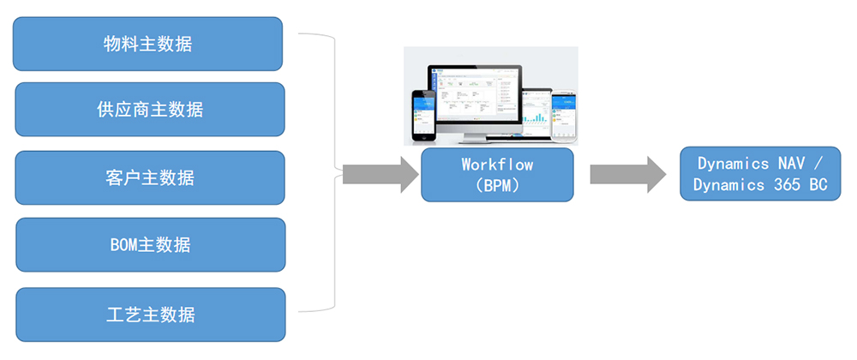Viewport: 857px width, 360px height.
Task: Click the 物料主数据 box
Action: (148, 44)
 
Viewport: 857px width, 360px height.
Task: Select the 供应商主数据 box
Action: (150, 110)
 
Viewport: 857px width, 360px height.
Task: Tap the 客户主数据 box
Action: (150, 177)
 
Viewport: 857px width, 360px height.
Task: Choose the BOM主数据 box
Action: (150, 244)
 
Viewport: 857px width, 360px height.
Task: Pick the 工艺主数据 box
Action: (150, 314)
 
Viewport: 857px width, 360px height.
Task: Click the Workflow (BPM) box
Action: (497, 175)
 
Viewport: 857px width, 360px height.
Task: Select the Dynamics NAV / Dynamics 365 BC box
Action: (760, 174)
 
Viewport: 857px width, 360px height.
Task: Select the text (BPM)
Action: (497, 183)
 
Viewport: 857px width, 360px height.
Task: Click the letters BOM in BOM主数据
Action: (125, 245)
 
